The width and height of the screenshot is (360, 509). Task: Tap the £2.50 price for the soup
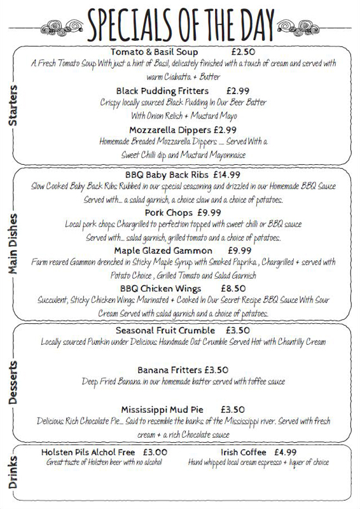[242, 52]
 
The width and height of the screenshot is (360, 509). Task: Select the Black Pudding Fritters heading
[162, 90]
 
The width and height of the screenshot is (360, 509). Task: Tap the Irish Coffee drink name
[242, 452]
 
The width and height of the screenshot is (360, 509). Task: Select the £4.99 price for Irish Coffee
[286, 452]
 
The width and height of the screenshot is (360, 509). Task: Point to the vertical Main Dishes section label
[13, 244]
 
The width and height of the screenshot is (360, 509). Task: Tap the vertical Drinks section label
[13, 473]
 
